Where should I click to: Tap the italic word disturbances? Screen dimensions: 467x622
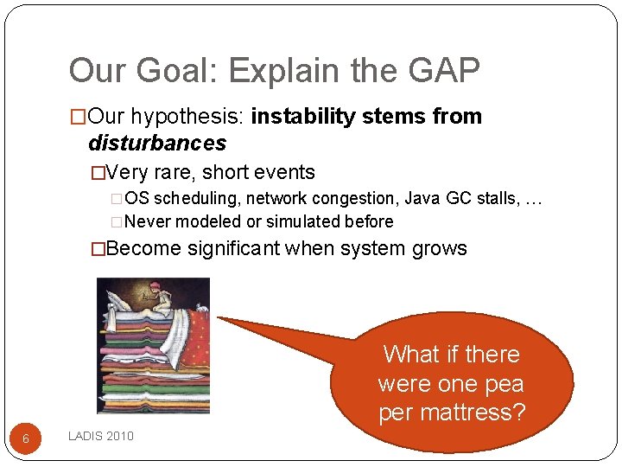[x=157, y=143]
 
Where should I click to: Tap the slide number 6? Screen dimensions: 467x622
[x=26, y=439]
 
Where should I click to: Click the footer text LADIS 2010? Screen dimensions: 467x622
[x=101, y=436]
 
